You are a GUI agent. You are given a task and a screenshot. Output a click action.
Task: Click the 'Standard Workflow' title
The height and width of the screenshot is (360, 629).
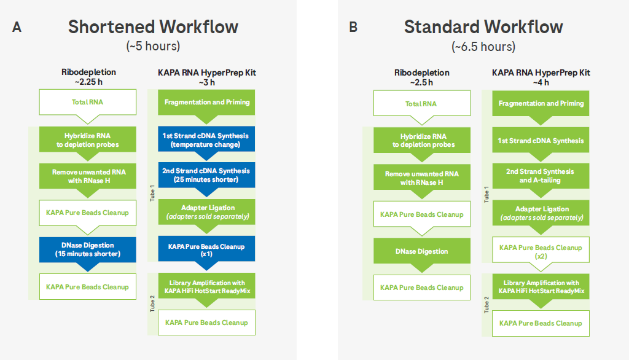483,27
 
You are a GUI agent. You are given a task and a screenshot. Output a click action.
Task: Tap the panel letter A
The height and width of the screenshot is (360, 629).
17,27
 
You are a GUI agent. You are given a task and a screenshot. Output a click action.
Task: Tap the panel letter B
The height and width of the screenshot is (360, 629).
353,27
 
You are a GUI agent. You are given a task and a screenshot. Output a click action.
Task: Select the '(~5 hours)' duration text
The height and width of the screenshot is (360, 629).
153,47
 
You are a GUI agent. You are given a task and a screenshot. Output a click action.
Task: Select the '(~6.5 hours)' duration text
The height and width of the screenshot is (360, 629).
483,47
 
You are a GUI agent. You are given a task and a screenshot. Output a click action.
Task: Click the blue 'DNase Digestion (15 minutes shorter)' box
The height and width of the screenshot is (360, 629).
87,250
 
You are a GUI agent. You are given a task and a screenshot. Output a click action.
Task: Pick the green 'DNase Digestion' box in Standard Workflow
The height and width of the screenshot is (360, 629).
421,251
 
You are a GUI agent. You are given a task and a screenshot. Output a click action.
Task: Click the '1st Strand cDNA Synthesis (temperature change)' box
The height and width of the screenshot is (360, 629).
206,140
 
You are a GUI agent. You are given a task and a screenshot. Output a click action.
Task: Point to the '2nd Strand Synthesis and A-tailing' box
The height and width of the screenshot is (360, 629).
541,176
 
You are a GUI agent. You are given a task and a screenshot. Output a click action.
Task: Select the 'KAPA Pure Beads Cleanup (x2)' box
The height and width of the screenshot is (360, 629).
541,251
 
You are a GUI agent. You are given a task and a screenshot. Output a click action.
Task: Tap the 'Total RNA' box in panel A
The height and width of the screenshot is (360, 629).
87,102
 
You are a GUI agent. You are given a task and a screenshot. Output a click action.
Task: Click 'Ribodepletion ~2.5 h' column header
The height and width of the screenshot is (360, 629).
421,77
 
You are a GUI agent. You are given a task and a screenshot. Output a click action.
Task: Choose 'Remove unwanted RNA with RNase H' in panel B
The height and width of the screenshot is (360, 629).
421,178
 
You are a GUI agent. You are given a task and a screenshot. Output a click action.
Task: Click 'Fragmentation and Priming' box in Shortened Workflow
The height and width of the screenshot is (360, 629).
206,102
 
